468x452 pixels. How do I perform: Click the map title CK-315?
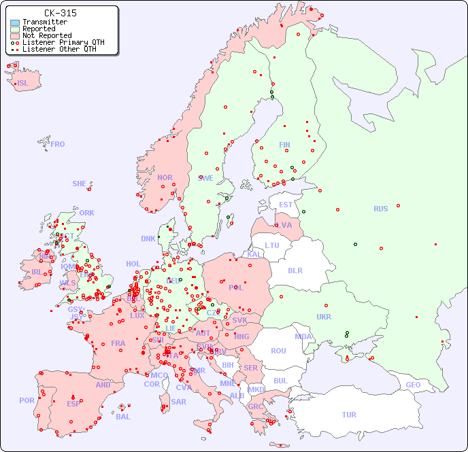(x=60, y=13)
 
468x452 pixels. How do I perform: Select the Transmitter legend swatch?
(x=15, y=22)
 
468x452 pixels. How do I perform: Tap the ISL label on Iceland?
(x=23, y=84)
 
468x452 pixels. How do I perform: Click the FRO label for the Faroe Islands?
(x=58, y=144)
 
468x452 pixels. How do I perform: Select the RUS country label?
(x=380, y=209)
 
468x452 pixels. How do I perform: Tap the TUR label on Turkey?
(x=349, y=415)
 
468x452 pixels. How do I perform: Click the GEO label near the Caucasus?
(x=413, y=385)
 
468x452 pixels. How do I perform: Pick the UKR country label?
(x=324, y=317)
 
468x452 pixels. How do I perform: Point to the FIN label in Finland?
(x=284, y=145)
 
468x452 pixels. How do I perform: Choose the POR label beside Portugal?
(x=27, y=400)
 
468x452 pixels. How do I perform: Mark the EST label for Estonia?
(x=286, y=205)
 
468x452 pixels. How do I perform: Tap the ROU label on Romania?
(x=278, y=351)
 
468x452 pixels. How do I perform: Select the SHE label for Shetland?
(x=80, y=184)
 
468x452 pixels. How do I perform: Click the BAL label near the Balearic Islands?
(x=123, y=417)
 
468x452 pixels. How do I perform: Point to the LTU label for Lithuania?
(x=272, y=245)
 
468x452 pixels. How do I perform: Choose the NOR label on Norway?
(x=165, y=177)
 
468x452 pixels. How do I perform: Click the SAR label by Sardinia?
(x=178, y=402)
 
